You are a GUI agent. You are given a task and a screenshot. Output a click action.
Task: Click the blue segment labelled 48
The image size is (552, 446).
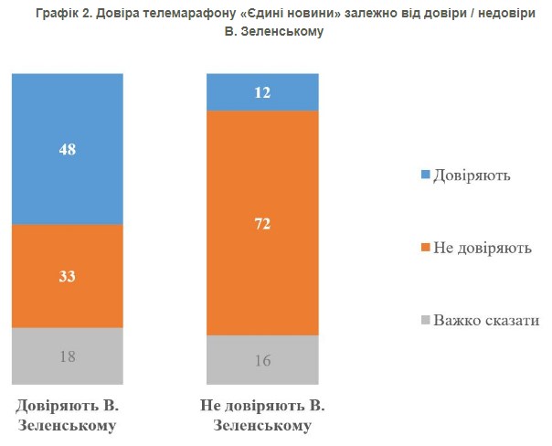[68, 174]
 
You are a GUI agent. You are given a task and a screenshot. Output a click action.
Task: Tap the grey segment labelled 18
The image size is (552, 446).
[68, 356]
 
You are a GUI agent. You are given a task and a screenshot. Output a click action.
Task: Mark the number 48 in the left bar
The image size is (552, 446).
[68, 148]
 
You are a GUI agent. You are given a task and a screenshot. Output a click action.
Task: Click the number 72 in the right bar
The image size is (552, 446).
[263, 223]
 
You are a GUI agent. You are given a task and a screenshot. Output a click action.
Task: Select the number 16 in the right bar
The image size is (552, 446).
[263, 360]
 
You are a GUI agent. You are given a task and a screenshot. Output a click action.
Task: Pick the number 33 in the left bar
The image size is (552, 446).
[68, 276]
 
